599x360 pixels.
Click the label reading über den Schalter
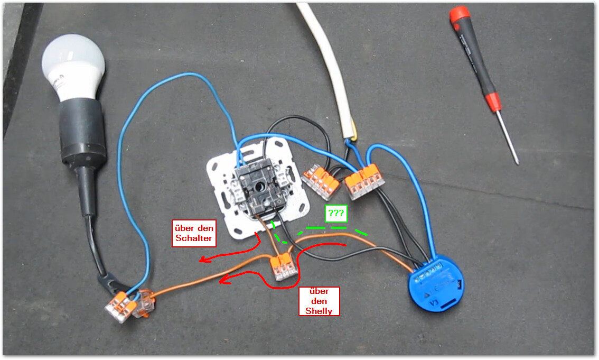click(194, 234)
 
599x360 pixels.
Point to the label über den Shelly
click(319, 301)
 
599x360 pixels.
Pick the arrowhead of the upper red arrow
click(202, 260)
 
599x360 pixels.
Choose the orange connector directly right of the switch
click(321, 181)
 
